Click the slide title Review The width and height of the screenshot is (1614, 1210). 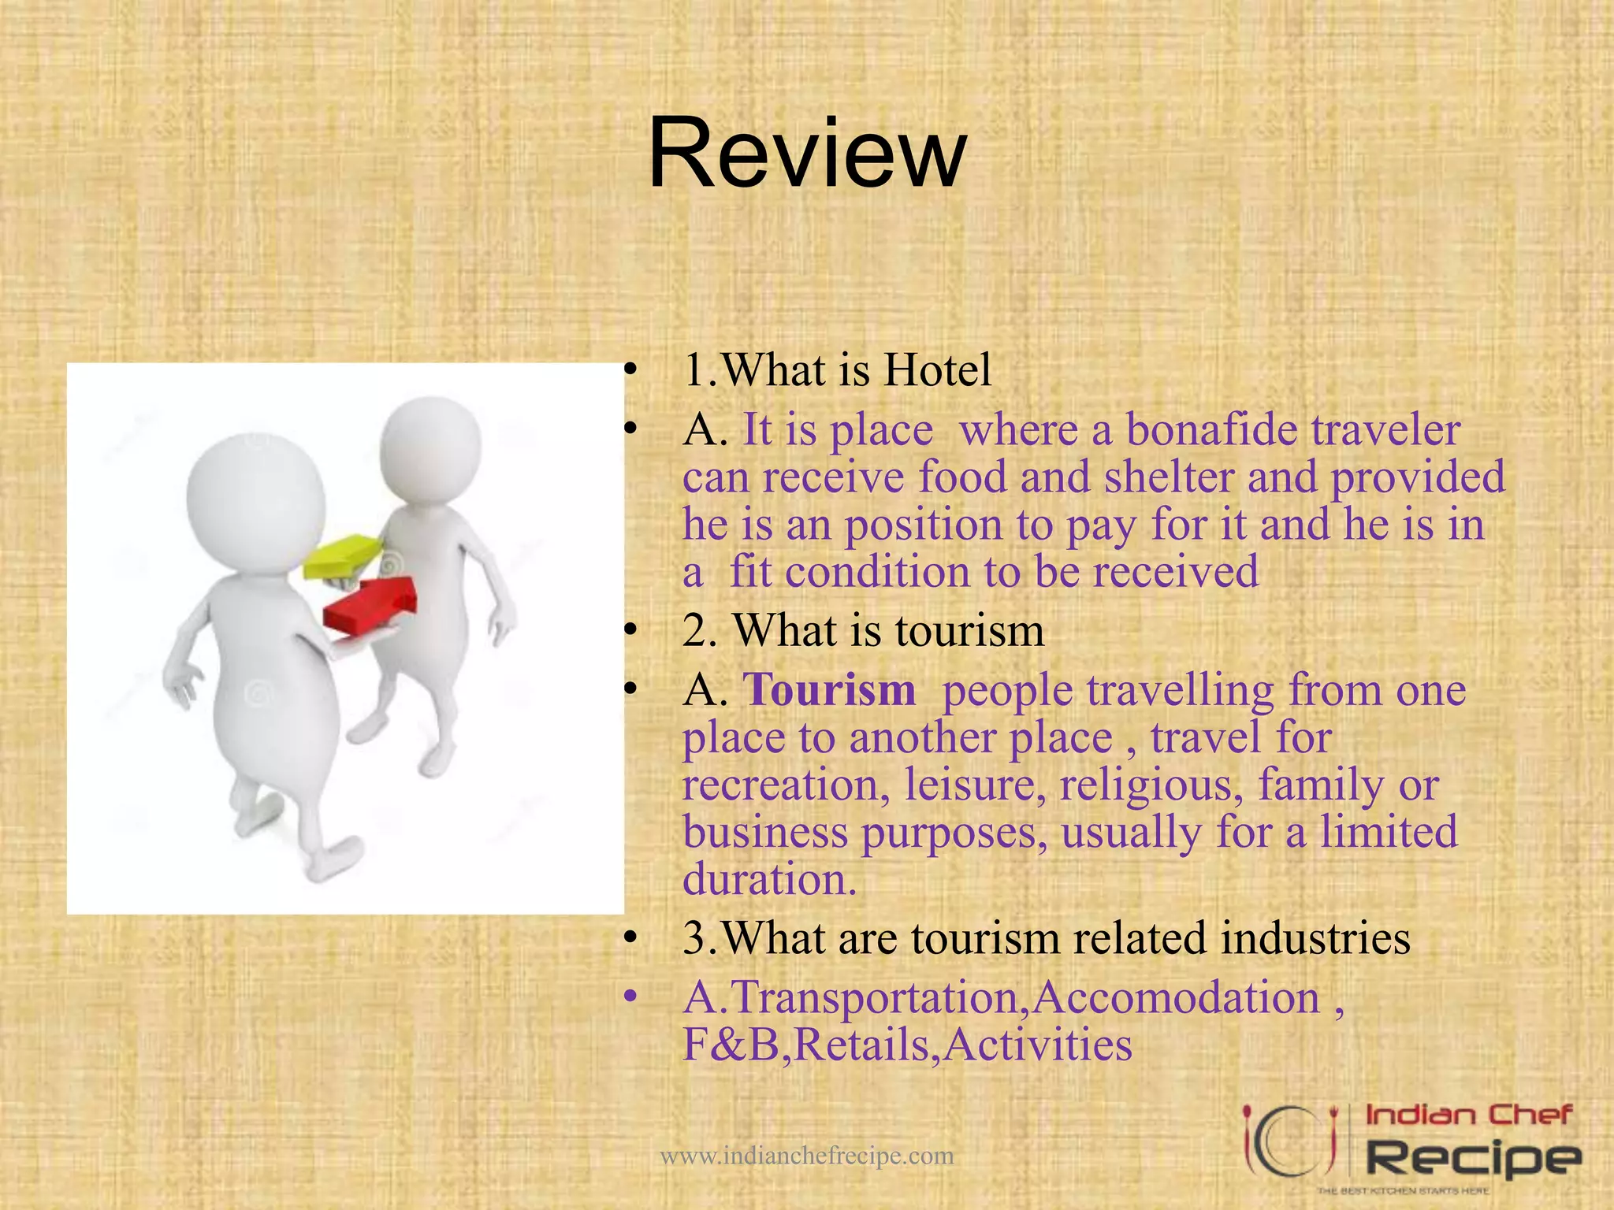point(807,153)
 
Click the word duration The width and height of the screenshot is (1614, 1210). point(768,880)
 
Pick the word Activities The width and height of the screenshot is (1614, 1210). point(1038,1045)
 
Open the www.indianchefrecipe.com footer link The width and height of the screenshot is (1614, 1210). point(806,1156)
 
